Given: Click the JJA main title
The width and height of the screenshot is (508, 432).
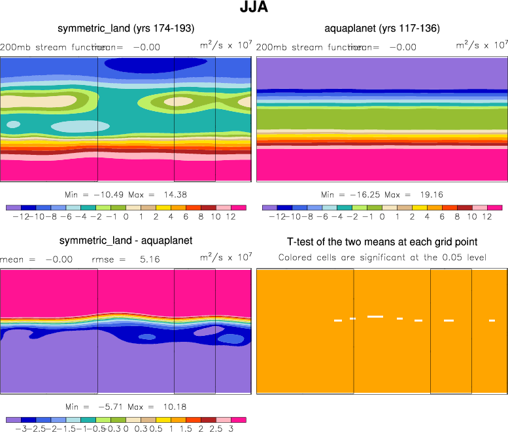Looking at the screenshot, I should tap(254, 8).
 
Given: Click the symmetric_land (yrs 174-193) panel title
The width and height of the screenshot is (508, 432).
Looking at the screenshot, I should tap(126, 28).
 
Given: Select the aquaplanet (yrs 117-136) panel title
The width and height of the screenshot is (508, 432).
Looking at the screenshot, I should tap(382, 28).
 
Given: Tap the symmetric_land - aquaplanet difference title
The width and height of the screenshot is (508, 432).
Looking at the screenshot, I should tap(126, 241).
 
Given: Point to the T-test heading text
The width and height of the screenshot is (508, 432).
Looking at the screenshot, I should tap(382, 241).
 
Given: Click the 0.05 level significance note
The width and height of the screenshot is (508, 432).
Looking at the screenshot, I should tap(382, 257).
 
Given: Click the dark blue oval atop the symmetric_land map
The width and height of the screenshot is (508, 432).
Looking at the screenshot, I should tap(155, 63).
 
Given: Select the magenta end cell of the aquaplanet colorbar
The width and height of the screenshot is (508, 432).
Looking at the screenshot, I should tap(494, 207).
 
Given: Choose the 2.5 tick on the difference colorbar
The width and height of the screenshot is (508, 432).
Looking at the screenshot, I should tap(216, 429).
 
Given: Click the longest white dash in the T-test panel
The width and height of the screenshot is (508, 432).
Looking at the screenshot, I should tap(375, 316).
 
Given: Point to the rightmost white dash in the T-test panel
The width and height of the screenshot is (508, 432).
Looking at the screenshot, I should tap(492, 320).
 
